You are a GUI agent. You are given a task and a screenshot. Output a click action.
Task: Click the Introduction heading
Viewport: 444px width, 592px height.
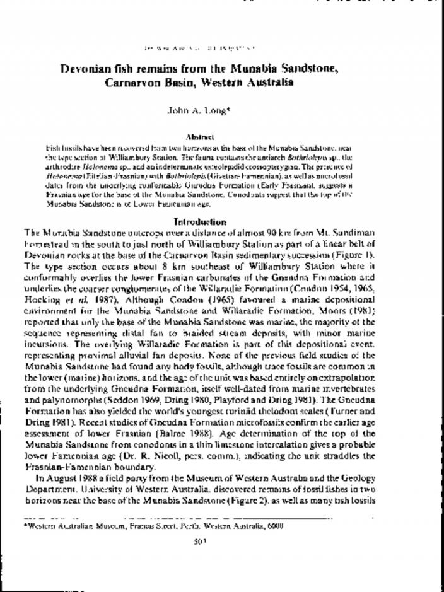tap(199, 222)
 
